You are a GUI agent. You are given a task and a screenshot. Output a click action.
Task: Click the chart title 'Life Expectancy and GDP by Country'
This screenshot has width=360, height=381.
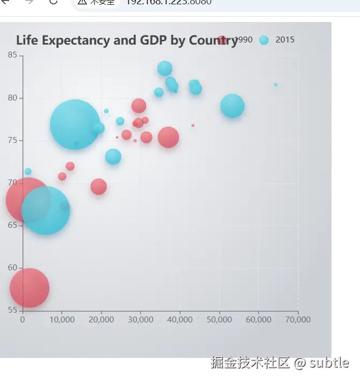126,41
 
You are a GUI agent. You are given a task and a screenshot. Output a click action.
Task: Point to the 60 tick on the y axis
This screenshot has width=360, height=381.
12,268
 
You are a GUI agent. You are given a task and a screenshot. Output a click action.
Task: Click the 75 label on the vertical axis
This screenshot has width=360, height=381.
12,140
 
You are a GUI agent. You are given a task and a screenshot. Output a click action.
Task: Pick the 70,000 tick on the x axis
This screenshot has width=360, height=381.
298,319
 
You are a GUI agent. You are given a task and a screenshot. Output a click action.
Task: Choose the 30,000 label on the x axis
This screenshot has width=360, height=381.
140,319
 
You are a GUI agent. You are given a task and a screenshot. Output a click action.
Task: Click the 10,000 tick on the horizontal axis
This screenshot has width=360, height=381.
61,319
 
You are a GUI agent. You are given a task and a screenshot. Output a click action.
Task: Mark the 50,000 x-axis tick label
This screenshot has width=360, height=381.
219,319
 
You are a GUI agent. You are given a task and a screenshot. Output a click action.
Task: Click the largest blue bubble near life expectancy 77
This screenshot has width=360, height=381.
75,125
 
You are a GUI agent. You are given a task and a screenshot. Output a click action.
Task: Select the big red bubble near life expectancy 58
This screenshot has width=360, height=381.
30,287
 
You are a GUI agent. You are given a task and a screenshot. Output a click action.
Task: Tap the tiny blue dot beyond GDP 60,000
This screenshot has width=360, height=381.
276,84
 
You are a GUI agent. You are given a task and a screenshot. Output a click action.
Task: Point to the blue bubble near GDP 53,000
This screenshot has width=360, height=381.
232,106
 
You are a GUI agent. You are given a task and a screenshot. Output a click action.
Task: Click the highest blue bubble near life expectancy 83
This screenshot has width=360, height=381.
165,69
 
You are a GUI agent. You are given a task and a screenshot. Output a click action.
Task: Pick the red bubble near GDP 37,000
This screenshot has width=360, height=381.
168,137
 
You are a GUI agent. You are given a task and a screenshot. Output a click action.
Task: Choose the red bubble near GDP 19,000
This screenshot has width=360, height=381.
98,186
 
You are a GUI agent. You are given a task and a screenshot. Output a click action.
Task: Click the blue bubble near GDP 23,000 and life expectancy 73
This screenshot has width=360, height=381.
113,157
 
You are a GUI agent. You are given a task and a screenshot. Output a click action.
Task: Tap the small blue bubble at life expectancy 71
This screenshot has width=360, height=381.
28,171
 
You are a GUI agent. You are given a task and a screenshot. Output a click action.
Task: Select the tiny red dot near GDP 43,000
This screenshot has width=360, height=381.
193,125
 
